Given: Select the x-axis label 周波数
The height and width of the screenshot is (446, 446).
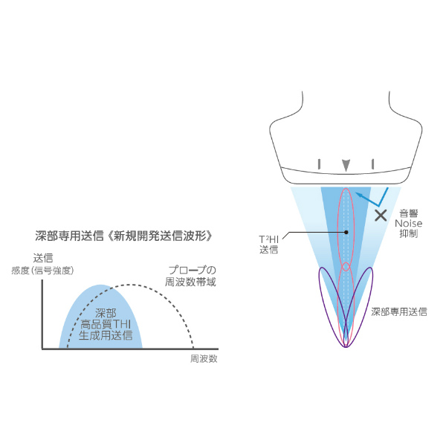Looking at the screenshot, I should [x=203, y=358].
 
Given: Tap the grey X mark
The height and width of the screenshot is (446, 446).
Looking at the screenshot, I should [x=381, y=216].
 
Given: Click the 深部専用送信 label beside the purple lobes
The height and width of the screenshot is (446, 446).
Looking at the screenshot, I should [x=398, y=313].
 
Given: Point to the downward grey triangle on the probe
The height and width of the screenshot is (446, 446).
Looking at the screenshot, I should [x=345, y=164].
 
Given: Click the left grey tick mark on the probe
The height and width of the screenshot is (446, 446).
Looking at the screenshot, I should [x=319, y=164].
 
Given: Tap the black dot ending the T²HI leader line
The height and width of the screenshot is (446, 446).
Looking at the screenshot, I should [x=346, y=233].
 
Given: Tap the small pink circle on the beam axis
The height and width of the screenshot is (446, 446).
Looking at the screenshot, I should [x=346, y=267].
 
